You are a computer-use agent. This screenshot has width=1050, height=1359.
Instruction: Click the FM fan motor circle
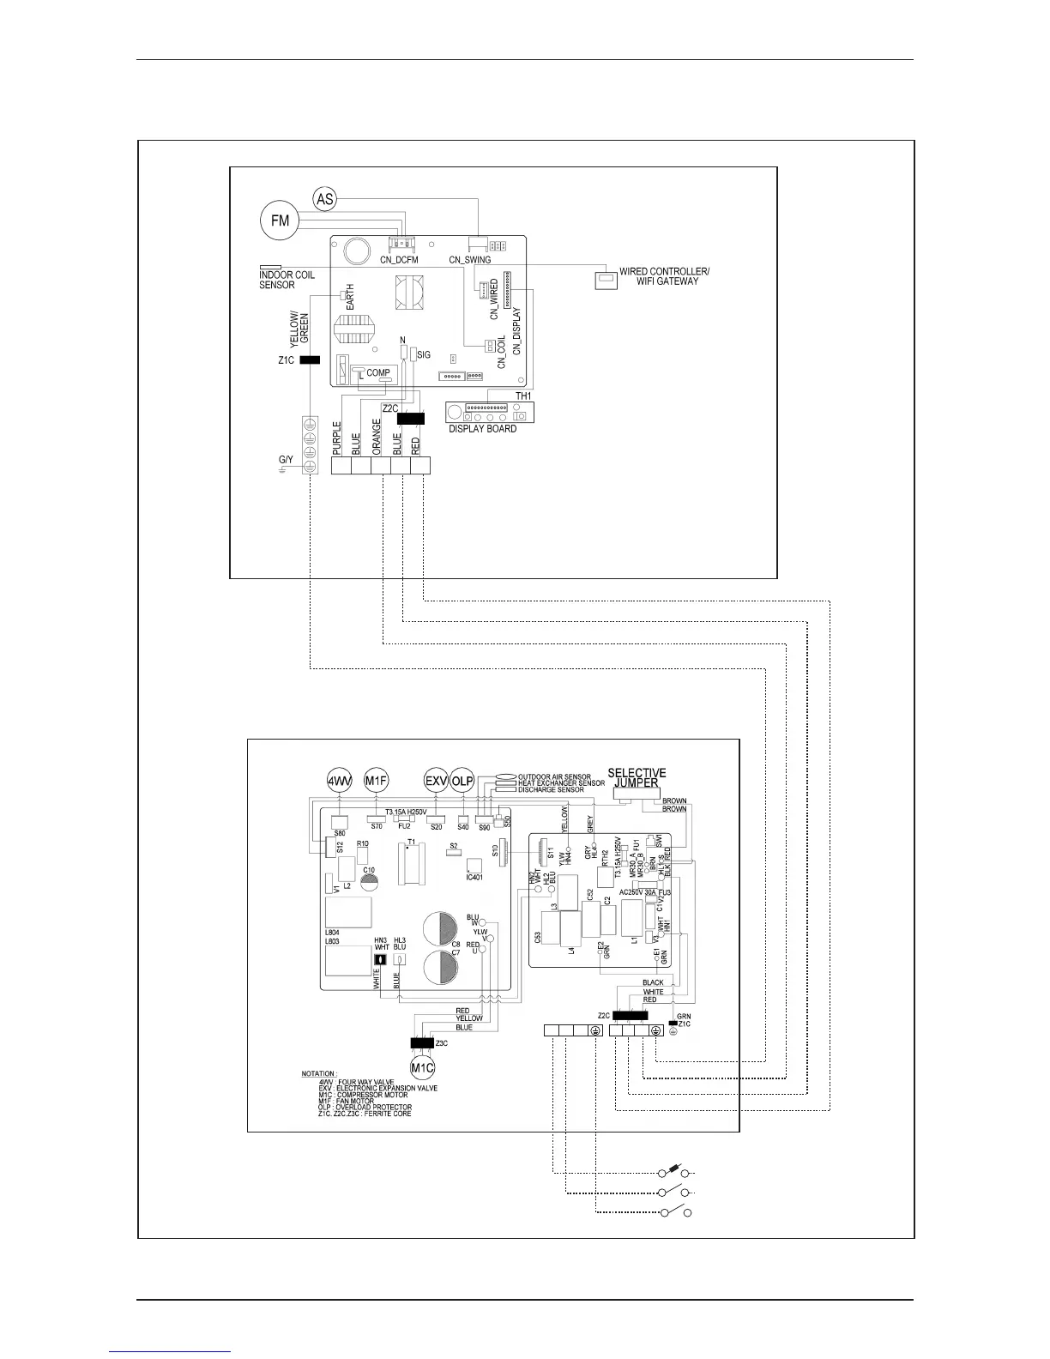280,220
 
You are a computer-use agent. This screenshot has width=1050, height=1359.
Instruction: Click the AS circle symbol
324,199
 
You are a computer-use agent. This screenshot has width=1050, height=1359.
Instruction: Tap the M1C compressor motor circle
422,1068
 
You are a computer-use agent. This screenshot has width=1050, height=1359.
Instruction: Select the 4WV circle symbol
338,781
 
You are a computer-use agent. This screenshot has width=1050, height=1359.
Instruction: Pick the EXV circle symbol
436,781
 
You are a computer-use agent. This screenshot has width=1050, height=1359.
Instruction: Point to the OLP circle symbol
462,781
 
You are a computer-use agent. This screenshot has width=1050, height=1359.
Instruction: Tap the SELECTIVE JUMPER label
637,777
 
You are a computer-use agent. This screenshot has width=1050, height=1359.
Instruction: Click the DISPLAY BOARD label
483,429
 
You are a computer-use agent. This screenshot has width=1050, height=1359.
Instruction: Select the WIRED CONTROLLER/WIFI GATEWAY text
664,276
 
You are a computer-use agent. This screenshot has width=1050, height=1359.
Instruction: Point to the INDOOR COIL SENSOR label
287,280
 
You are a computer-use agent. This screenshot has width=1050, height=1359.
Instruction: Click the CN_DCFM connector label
403,260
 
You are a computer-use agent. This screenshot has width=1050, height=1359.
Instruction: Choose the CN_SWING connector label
470,260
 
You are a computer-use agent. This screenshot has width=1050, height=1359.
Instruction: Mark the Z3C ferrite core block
422,1044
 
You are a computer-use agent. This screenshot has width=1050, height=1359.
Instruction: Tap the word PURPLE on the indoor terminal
337,438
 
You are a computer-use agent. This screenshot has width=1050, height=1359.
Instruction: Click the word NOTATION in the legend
318,1074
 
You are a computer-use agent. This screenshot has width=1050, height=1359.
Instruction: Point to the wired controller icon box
606,280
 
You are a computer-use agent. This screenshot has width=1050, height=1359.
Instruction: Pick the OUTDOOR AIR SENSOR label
554,777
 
